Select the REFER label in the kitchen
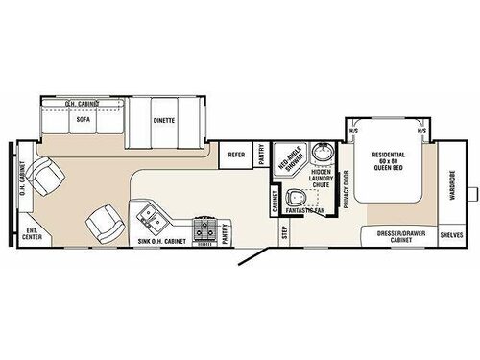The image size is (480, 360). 233,155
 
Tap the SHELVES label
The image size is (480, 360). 451,234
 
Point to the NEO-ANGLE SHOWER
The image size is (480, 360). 292,163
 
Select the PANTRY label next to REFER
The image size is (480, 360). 262,155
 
